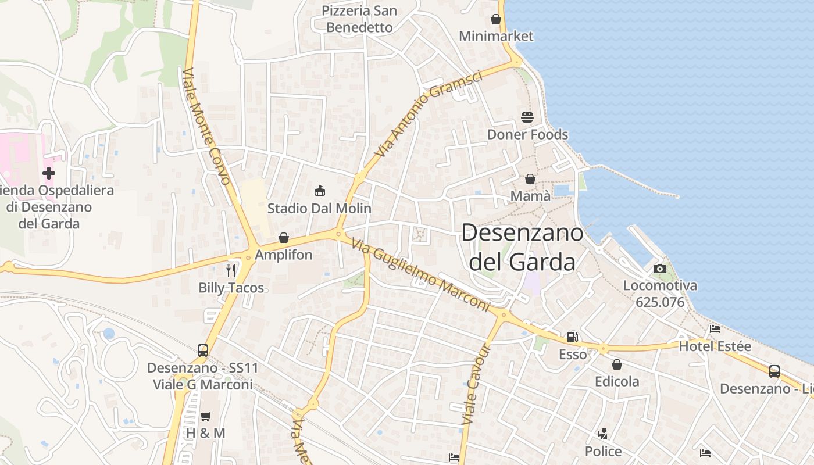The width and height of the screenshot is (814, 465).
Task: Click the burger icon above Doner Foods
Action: coord(527,117)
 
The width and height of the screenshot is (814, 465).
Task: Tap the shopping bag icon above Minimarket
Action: coord(496,19)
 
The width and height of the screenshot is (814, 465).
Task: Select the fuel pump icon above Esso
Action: coord(573,337)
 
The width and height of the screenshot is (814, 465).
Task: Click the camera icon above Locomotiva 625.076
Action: coord(659,269)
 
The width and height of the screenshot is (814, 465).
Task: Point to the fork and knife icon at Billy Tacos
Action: coord(231,270)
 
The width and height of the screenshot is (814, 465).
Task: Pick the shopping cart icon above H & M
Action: coord(205,416)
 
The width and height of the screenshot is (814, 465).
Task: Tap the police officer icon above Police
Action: coord(603,434)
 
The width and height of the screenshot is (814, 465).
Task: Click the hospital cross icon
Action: coord(49,173)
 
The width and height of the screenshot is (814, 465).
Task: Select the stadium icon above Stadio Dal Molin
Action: coord(319,190)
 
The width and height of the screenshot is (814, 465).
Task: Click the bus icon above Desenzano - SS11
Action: coord(203,350)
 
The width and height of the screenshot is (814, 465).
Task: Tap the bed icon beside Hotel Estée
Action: coord(715,329)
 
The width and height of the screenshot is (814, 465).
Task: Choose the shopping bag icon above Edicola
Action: coord(617,364)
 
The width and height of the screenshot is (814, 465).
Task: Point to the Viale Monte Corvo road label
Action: coord(208,126)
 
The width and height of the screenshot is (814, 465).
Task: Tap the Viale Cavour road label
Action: coord(477,384)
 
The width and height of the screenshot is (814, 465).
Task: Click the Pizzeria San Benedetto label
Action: coord(359,19)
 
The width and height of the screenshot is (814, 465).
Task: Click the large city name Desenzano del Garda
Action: coord(522,248)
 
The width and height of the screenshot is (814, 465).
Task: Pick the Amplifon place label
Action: coord(284,255)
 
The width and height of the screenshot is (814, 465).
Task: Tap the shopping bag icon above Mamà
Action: coord(530,179)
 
